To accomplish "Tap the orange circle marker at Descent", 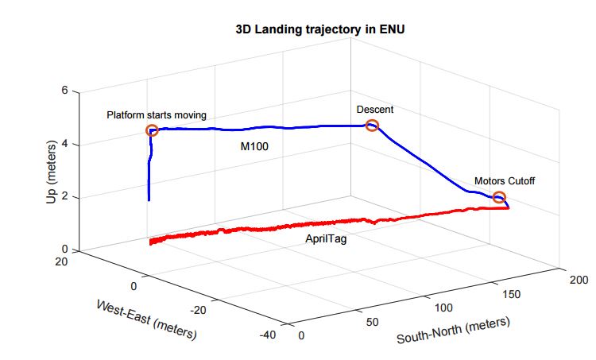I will [x=371, y=125].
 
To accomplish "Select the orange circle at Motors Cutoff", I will [x=499, y=197].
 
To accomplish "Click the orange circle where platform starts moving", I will [x=153, y=130].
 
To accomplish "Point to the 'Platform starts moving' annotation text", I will [x=157, y=115].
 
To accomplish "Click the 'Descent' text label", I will [x=375, y=109].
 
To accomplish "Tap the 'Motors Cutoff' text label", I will [x=505, y=181].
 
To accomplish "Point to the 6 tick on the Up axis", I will [x=65, y=91].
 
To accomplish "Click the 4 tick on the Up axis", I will [x=65, y=144].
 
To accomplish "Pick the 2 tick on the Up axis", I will [x=65, y=197].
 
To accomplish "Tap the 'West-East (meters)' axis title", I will [x=146, y=320].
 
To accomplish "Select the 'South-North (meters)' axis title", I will [x=453, y=331].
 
